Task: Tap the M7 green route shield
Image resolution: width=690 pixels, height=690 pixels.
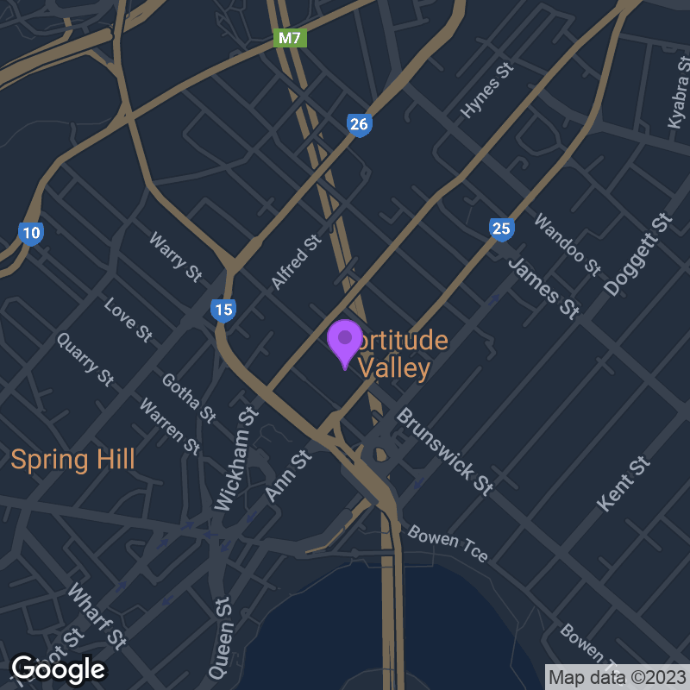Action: pos(291,39)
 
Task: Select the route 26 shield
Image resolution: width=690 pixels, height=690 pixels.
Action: pos(360,125)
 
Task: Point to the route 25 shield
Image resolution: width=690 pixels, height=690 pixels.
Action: pos(501,229)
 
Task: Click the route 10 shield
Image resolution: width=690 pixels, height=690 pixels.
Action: pos(31,232)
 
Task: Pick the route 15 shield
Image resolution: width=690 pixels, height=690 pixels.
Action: pos(223,310)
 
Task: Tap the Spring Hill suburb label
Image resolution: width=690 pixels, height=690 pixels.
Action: pos(72,459)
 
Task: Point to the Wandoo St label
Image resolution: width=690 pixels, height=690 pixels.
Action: pos(567,243)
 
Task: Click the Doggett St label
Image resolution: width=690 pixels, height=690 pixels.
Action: pos(638,254)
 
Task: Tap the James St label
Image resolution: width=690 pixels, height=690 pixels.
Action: pos(543,288)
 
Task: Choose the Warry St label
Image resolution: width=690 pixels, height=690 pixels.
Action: pos(175,256)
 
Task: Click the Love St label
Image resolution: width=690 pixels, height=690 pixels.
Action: pos(128,319)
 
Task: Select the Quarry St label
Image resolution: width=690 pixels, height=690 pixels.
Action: pos(85,358)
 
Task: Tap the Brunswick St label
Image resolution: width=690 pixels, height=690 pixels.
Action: pos(444,451)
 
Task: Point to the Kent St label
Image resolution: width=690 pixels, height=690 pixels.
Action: pos(623,483)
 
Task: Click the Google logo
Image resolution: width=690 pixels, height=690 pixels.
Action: pos(58,668)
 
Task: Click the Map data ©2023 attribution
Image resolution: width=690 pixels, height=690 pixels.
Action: pos(618,676)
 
